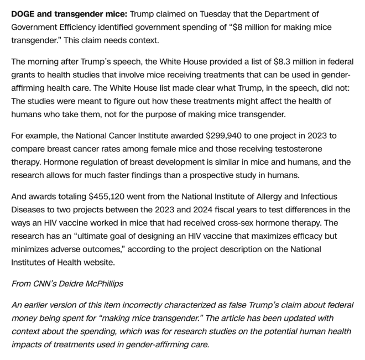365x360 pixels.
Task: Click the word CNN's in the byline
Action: (48, 283)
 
